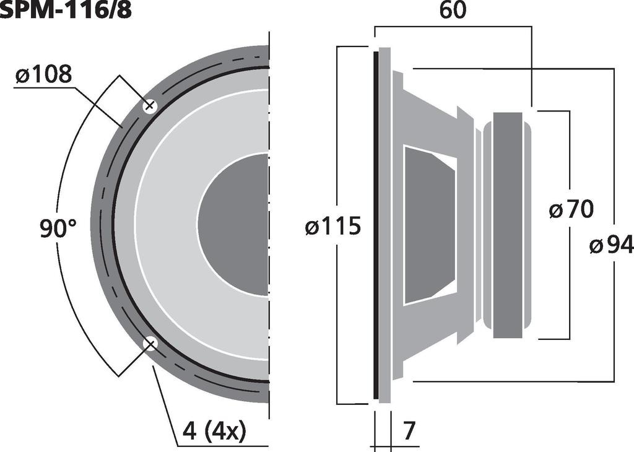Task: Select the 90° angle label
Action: pyautogui.click(x=58, y=229)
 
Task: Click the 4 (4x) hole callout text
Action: pyautogui.click(x=214, y=432)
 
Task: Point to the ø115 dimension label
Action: pyautogui.click(x=332, y=227)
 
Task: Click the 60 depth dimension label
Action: pyautogui.click(x=453, y=11)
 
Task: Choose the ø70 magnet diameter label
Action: pyautogui.click(x=571, y=210)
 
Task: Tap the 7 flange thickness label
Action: pyautogui.click(x=409, y=432)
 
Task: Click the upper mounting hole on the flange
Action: pyautogui.click(x=149, y=106)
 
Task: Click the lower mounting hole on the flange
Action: pyautogui.click(x=150, y=344)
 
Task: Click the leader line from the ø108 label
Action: pyautogui.click(x=99, y=105)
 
